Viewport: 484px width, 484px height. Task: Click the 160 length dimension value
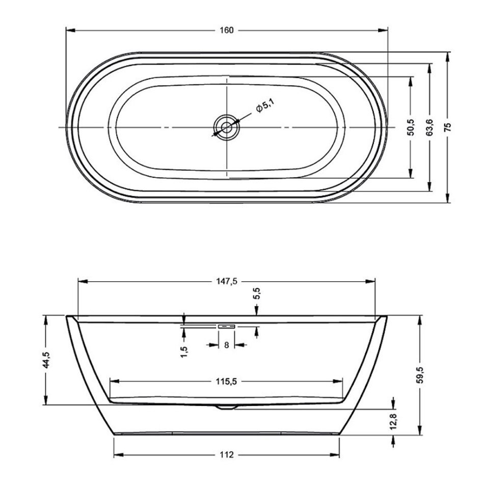(227, 30)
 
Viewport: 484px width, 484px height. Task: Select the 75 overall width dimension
(448, 127)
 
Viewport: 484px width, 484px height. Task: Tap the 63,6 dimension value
(429, 127)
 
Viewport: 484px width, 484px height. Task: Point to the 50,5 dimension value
(411, 127)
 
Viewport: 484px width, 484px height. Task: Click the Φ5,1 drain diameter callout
(264, 105)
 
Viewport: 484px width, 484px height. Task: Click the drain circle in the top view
(227, 127)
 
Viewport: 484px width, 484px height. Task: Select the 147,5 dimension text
(227, 281)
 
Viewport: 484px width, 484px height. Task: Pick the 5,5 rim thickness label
(257, 293)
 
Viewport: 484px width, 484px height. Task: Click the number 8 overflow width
(227, 345)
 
